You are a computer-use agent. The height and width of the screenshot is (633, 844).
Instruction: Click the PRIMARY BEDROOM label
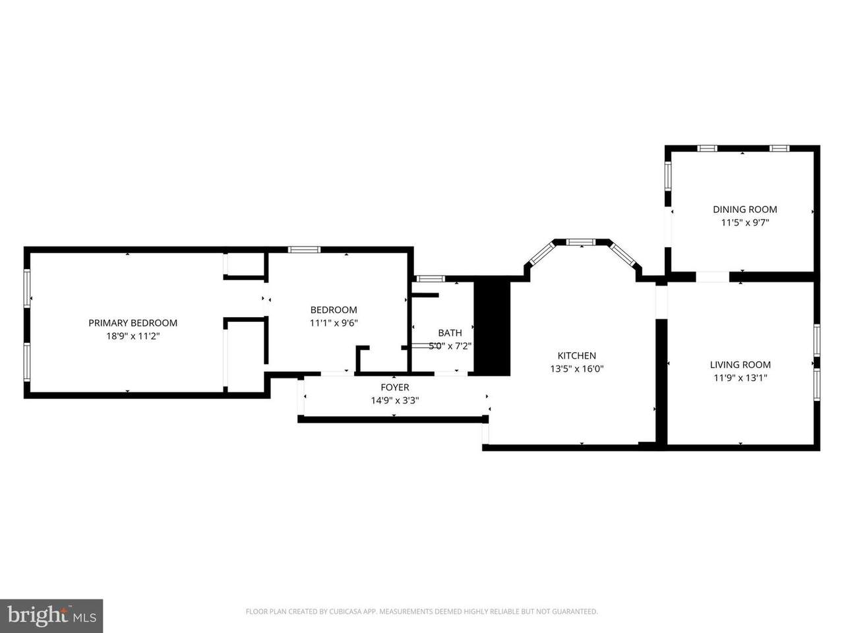[133, 323]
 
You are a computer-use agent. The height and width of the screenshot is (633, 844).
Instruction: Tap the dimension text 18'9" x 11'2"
[133, 336]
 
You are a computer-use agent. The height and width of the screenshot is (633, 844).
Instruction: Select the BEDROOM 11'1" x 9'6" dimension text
[334, 323]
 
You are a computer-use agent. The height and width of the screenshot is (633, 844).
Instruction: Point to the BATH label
[450, 333]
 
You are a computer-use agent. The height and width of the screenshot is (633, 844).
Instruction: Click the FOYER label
[395, 388]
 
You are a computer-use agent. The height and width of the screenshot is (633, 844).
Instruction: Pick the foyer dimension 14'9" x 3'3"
[395, 401]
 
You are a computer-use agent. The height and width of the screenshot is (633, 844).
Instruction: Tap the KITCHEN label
[577, 356]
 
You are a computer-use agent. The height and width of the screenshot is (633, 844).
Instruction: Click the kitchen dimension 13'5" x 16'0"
[577, 369]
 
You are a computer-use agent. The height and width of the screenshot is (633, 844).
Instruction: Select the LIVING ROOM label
[740, 365]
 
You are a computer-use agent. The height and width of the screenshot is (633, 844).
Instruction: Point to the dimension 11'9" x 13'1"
[740, 378]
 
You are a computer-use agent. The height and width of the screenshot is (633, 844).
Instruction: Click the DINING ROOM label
[745, 210]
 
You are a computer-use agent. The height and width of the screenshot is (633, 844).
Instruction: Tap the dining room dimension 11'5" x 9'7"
[745, 222]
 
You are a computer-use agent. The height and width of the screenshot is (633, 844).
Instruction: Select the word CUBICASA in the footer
[346, 611]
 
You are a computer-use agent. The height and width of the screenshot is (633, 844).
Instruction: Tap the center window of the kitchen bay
[581, 242]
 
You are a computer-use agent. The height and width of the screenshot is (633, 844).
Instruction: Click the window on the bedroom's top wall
[304, 250]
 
